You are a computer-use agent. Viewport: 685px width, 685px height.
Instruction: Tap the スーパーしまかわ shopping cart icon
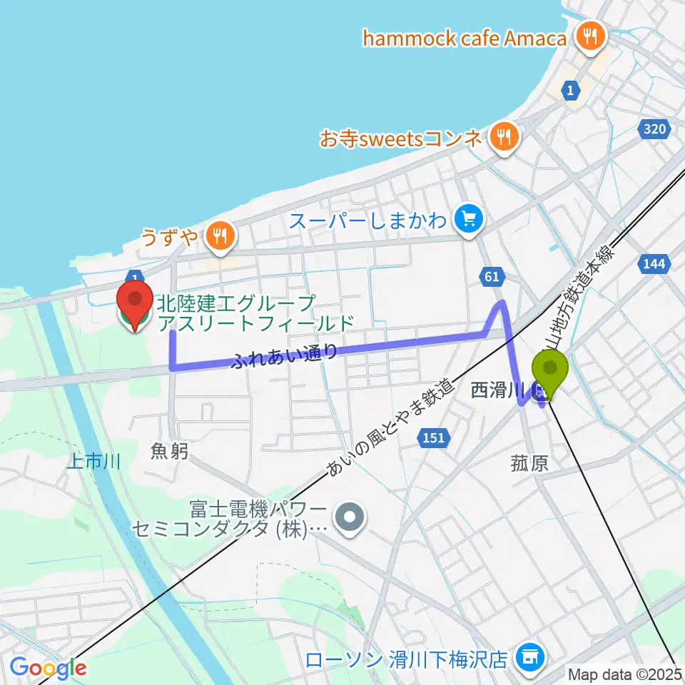click(x=468, y=218)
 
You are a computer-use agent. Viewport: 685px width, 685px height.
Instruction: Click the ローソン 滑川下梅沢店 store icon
click(x=529, y=655)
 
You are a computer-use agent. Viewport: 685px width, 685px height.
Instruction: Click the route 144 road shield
click(x=654, y=264)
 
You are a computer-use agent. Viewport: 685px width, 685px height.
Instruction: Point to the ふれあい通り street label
click(x=284, y=357)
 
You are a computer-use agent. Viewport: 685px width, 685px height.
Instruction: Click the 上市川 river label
click(x=93, y=462)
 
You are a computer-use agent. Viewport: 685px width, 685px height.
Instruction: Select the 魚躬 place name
click(x=170, y=451)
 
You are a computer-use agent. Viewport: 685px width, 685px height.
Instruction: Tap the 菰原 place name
click(x=529, y=464)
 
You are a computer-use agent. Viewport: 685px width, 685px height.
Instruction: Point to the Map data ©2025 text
click(x=624, y=674)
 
